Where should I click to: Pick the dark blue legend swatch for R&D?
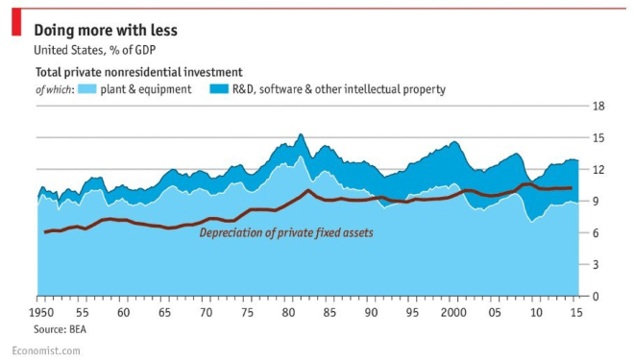(220, 89)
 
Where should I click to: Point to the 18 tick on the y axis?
(597, 107)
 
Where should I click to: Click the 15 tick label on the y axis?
(597, 138)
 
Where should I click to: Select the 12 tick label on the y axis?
(597, 170)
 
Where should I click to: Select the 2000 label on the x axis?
(452, 313)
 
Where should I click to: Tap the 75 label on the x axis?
(248, 313)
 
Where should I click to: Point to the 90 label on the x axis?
(370, 313)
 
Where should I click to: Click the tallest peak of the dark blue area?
(300, 134)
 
